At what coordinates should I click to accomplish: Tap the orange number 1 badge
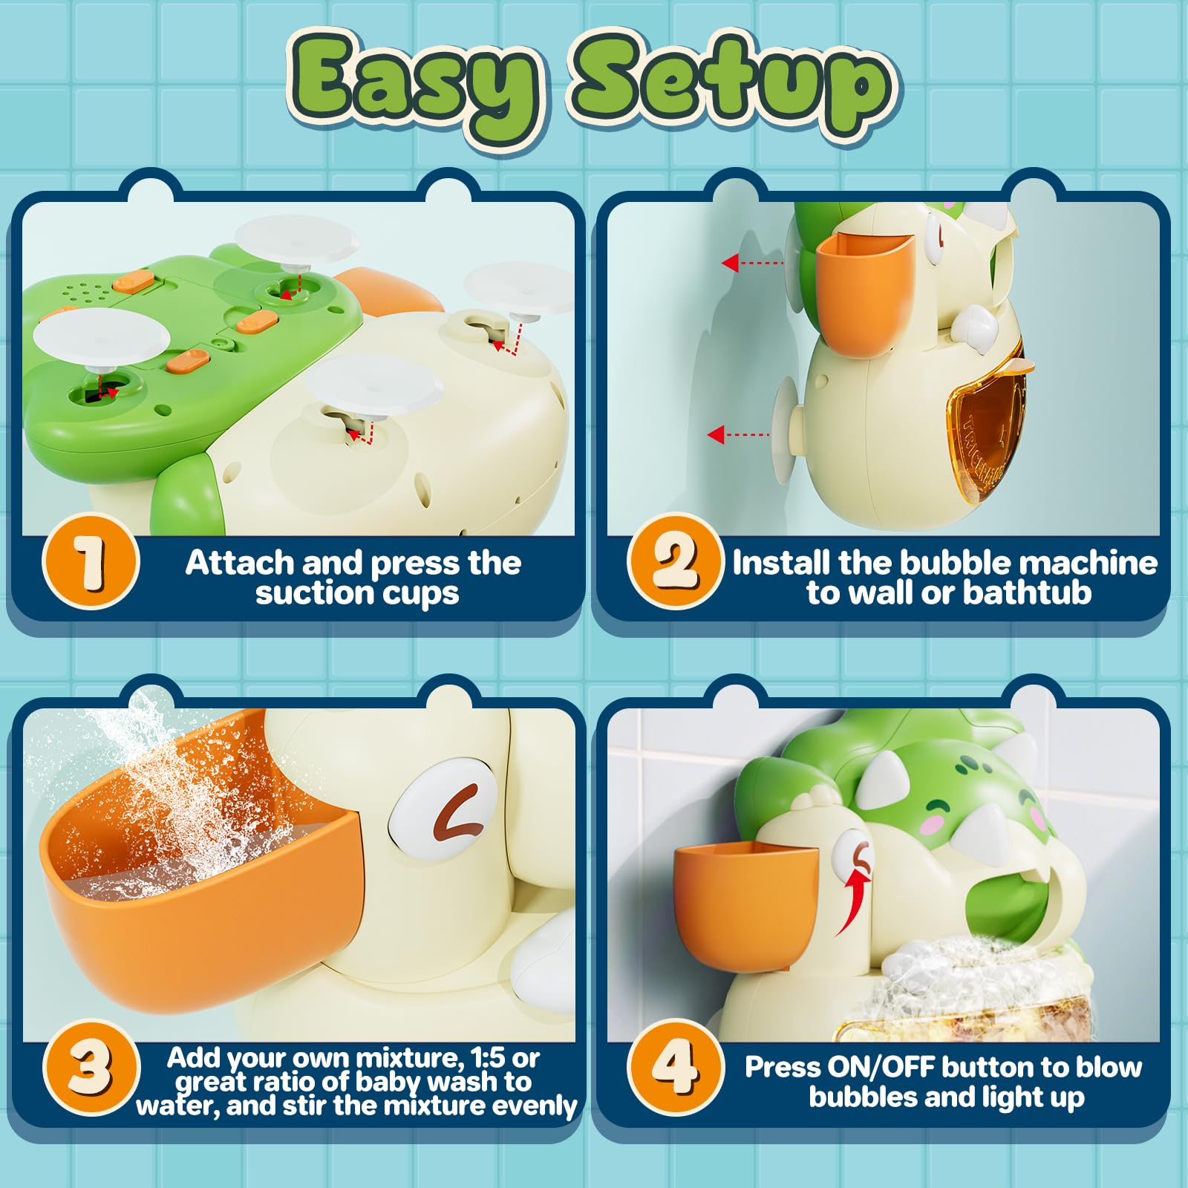tap(91, 562)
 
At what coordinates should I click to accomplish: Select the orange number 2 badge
tap(675, 562)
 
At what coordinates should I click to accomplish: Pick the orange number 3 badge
tap(91, 1067)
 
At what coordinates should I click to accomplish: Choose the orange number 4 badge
tap(675, 1067)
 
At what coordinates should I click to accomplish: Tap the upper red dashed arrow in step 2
tap(752, 262)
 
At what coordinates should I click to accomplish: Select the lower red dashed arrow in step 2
tap(738, 434)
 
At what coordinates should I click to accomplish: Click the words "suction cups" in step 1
tap(357, 593)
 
